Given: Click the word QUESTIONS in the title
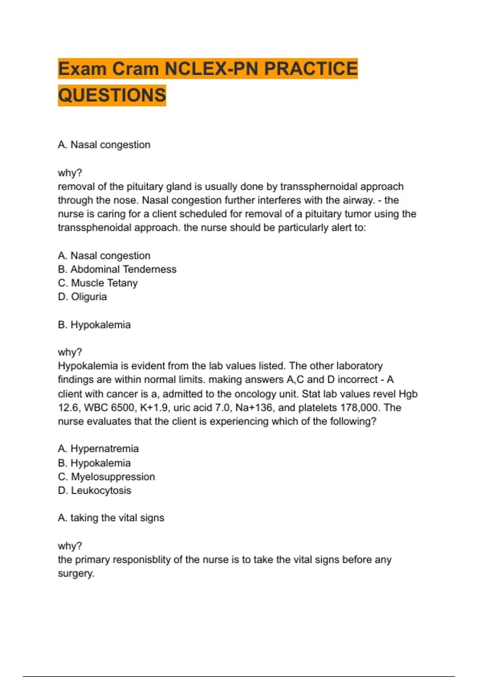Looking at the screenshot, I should pos(112,95).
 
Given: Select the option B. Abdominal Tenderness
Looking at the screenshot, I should pos(117,269).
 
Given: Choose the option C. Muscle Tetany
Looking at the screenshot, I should pos(98,283).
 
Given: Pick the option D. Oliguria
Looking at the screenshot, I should pos(82,297).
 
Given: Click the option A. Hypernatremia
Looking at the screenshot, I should pos(98,449).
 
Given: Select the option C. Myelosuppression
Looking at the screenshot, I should pos(106,477).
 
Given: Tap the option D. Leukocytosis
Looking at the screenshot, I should pos(94,490).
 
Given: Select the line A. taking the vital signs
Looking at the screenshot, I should pos(111,518).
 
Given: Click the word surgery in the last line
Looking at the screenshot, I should pos(75,573).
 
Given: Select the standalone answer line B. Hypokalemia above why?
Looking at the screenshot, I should pos(94,325).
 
